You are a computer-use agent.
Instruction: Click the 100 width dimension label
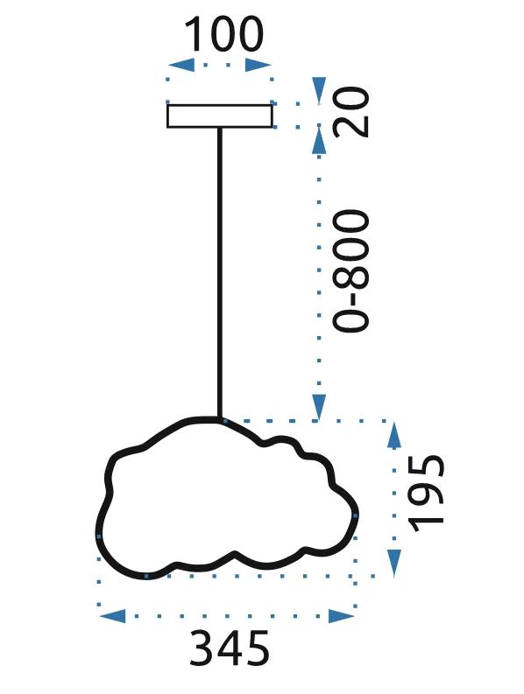223,33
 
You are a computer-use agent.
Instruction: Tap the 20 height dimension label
351,112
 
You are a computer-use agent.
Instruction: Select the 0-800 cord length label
351,270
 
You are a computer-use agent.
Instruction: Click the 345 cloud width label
230,648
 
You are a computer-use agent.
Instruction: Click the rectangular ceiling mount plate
219,116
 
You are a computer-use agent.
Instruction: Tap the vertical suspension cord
219,273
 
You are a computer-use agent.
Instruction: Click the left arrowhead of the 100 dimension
181,65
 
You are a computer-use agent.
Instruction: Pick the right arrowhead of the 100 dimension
258,65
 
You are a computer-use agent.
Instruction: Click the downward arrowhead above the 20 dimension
319,90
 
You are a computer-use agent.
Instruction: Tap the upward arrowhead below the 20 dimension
319,140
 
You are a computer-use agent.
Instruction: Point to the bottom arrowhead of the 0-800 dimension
319,407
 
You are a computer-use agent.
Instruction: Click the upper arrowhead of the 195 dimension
393,435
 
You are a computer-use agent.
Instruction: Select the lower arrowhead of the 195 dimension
393,563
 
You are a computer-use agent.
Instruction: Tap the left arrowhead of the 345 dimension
113,615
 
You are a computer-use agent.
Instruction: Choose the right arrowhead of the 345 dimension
342,615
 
